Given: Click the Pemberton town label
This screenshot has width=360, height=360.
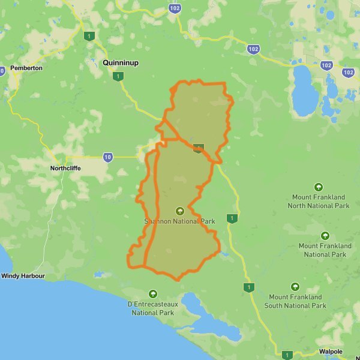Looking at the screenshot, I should tap(26, 68).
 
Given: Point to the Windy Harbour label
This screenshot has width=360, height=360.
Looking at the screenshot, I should tap(23, 276).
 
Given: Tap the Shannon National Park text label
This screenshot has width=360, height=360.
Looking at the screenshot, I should tap(179, 221).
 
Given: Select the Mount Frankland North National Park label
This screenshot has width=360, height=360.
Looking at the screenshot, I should tap(318, 201).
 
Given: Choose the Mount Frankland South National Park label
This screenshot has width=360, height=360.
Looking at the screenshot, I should tap(295, 301).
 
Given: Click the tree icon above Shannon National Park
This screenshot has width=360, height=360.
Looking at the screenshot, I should tap(179, 211).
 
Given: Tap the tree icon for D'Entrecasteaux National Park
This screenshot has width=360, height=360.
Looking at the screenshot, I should tap(152, 294).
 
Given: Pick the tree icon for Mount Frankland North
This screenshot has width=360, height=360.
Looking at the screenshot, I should tap(318, 186).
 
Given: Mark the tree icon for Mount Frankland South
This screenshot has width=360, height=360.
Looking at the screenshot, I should tap(295, 287).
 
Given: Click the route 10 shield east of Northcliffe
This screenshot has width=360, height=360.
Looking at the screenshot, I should tap(107, 158).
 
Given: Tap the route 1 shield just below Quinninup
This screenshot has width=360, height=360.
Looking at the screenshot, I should tap(119, 76).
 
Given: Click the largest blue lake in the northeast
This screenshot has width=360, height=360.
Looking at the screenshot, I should tap(303, 90).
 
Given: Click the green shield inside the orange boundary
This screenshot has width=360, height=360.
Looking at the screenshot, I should tap(198, 148).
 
